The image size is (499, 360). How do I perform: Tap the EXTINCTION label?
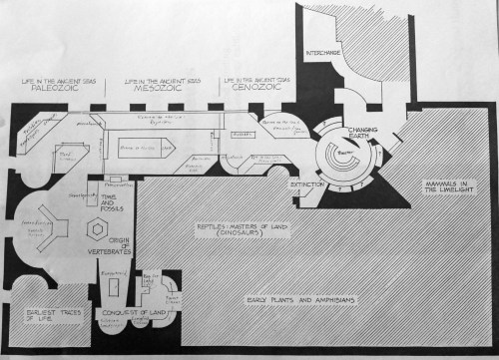click(307, 184)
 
